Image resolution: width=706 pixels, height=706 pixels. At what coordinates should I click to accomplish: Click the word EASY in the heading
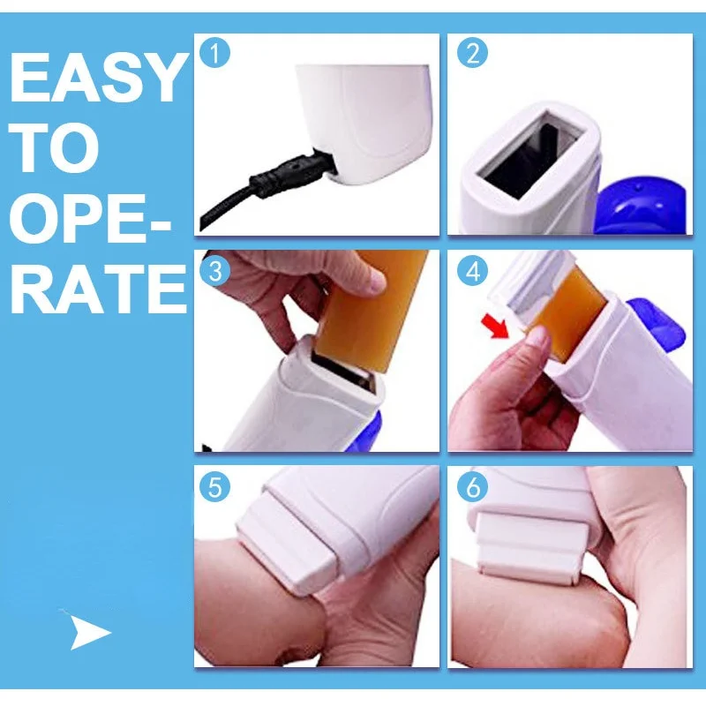pyautogui.click(x=98, y=77)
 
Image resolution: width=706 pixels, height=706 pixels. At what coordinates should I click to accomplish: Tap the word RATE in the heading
pyautogui.click(x=98, y=289)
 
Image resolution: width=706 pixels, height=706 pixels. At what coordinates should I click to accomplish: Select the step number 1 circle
pyautogui.click(x=214, y=53)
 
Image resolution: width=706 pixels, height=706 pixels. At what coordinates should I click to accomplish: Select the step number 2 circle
pyautogui.click(x=472, y=53)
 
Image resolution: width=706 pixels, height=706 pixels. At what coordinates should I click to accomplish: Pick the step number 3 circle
pyautogui.click(x=214, y=271)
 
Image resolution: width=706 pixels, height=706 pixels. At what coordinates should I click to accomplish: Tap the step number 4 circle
pyautogui.click(x=472, y=271)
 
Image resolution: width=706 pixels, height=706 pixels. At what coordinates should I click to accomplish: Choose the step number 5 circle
pyautogui.click(x=214, y=487)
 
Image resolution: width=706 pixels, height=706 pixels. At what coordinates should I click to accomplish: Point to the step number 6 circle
pyautogui.click(x=472, y=487)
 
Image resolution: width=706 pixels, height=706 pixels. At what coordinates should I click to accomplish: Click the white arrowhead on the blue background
pyautogui.click(x=87, y=632)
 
